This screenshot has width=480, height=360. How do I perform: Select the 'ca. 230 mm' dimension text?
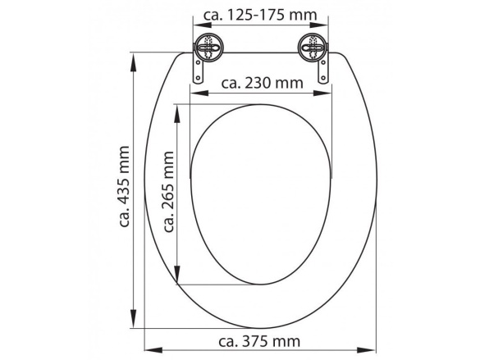point(262,83)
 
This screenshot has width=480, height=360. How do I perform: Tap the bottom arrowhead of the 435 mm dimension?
point(135,321)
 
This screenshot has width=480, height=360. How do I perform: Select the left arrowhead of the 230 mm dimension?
point(194,93)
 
